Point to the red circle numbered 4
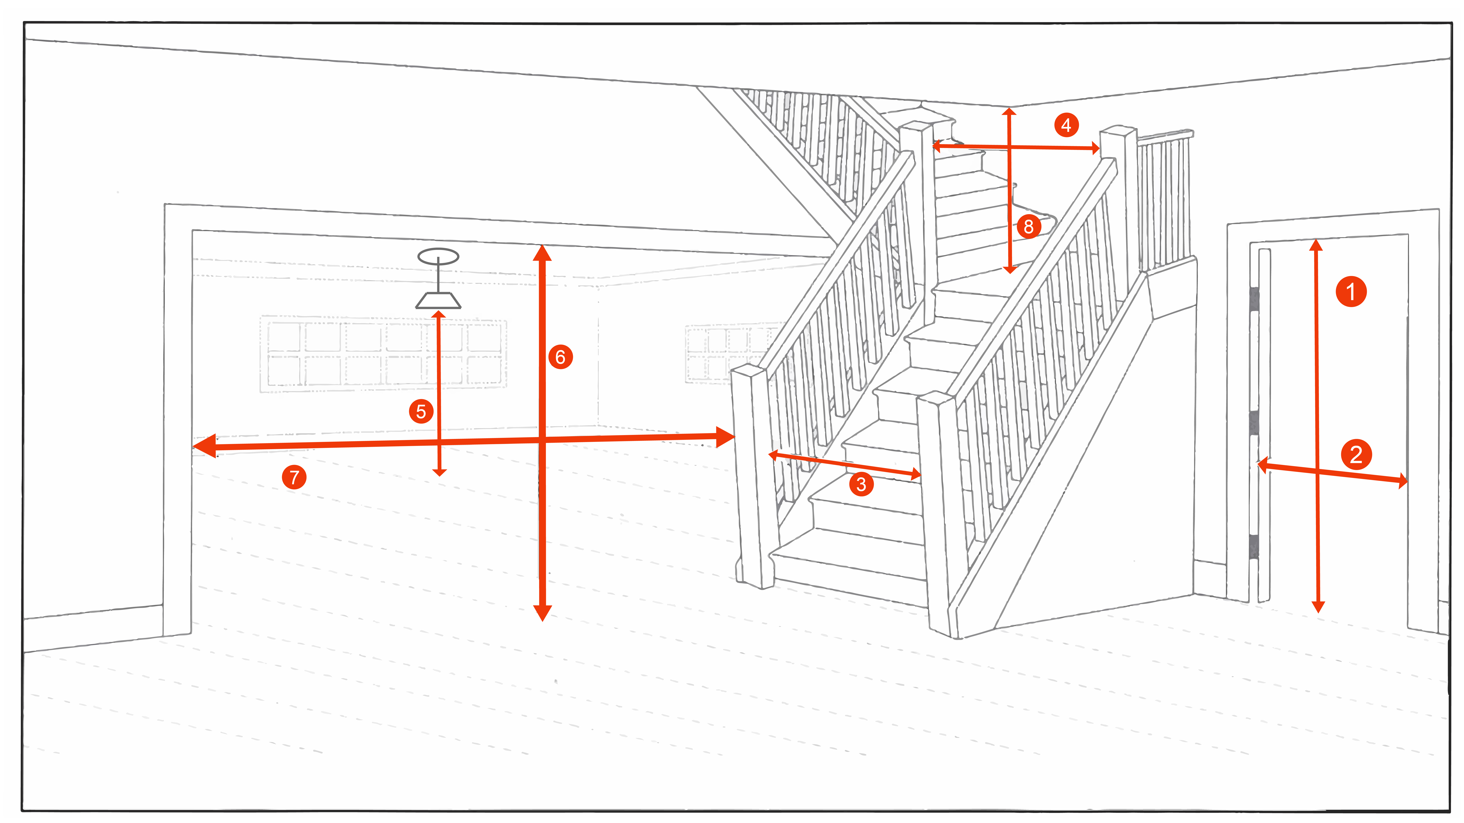[1066, 125]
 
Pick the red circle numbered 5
[421, 411]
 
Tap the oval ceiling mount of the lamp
[438, 256]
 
